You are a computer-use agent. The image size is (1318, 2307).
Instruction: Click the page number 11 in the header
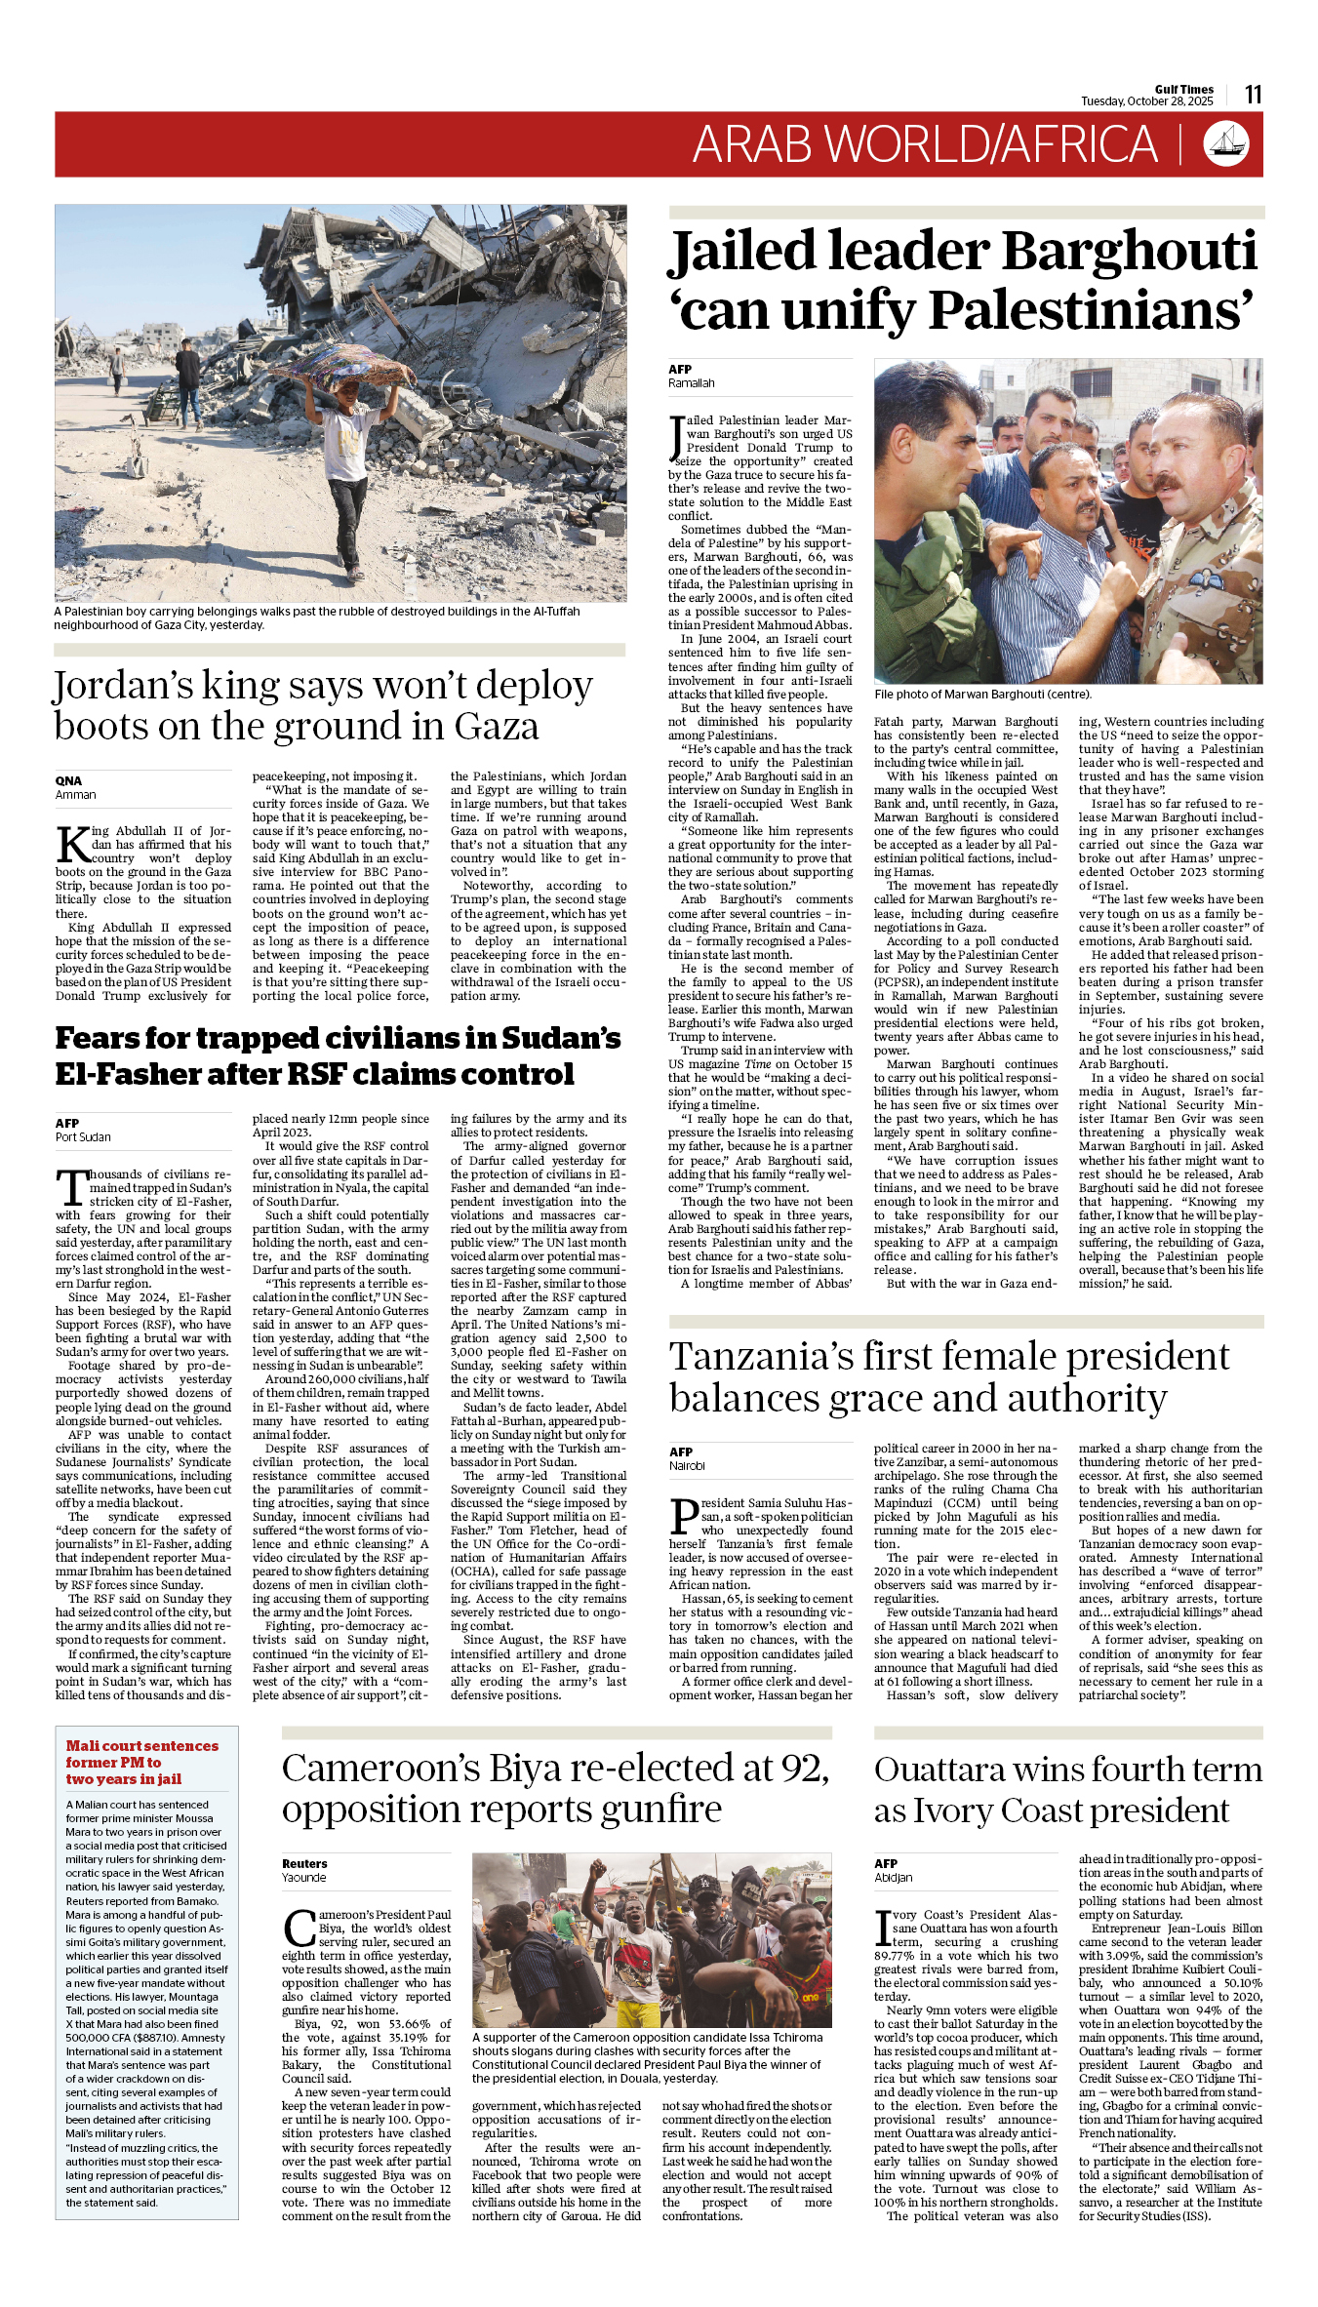tap(1253, 95)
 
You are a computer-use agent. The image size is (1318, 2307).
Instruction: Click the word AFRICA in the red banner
tap(1080, 144)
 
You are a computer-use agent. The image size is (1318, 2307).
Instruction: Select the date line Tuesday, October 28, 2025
tap(1146, 101)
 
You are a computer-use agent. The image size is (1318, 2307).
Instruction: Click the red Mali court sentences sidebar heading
tap(141, 1762)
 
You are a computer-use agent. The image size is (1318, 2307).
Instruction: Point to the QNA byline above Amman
tap(68, 780)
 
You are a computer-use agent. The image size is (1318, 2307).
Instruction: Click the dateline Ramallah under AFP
tap(691, 383)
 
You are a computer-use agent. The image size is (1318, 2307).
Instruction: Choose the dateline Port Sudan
tap(83, 1136)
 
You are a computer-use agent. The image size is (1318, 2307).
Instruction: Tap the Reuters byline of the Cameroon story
tap(304, 1863)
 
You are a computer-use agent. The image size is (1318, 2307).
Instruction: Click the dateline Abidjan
tap(893, 1877)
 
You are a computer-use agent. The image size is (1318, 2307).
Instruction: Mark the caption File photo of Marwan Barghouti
tap(981, 695)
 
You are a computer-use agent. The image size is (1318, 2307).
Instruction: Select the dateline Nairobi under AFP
tap(687, 1465)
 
